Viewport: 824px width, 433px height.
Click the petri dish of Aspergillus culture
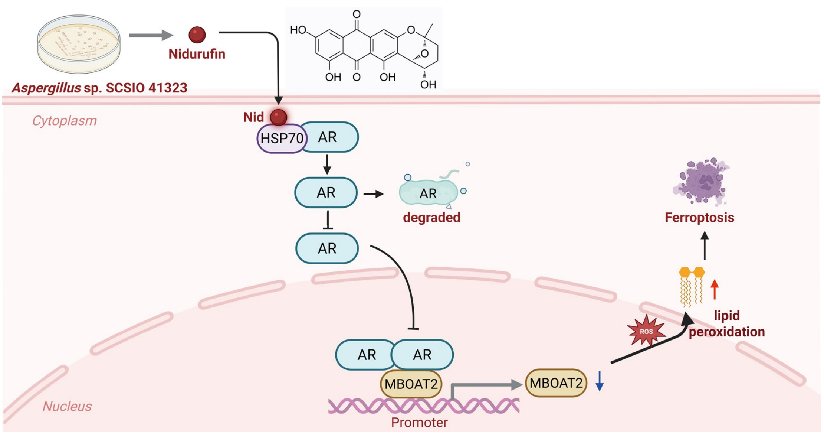coord(79,44)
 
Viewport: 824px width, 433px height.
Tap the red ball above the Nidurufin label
coord(197,35)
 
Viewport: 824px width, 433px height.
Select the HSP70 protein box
coord(282,139)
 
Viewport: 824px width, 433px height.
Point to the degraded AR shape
coord(429,192)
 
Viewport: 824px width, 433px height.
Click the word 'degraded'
coord(431,217)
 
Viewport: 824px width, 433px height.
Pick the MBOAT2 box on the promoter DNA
coord(411,384)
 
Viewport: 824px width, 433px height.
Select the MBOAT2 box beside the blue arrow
coord(556,383)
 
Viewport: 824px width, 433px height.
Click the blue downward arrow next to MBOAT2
coord(599,381)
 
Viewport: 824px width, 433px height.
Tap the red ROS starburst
coord(646,331)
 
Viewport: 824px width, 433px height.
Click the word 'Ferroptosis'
coord(699,218)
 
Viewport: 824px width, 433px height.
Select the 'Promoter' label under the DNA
coord(419,423)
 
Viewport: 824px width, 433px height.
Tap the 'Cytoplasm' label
coord(65,121)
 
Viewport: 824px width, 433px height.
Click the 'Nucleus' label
coord(67,406)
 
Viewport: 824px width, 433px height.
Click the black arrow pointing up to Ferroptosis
coord(705,246)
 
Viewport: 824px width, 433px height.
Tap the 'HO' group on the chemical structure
coord(298,30)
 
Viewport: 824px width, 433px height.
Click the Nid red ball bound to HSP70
coord(279,117)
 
